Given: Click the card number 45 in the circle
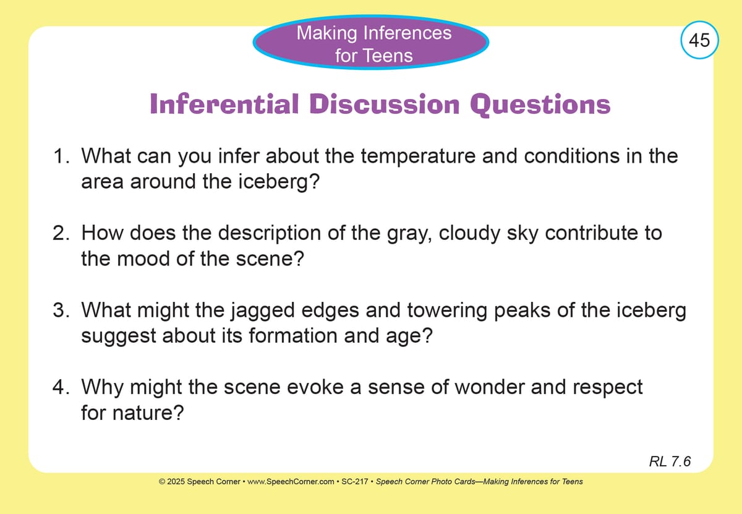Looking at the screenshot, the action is [x=699, y=40].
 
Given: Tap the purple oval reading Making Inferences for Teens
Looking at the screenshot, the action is [x=370, y=43].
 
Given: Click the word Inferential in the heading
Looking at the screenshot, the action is [x=224, y=104].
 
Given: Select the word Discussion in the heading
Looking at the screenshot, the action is [x=385, y=104].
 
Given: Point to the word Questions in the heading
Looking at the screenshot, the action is [x=540, y=105].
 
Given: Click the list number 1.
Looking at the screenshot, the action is [x=61, y=156].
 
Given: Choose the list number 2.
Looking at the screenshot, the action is [x=61, y=233].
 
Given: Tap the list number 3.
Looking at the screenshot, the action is [x=61, y=310].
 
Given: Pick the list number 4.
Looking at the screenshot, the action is [x=61, y=387].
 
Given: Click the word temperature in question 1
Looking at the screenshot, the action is [x=418, y=156].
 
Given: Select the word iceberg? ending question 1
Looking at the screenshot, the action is [x=279, y=182].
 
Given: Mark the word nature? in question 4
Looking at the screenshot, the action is [x=148, y=413].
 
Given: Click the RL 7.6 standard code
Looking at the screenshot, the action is [x=670, y=461].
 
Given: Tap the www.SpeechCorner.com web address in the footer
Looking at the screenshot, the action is [x=291, y=481].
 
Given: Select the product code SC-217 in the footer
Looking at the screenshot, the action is [x=354, y=481].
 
